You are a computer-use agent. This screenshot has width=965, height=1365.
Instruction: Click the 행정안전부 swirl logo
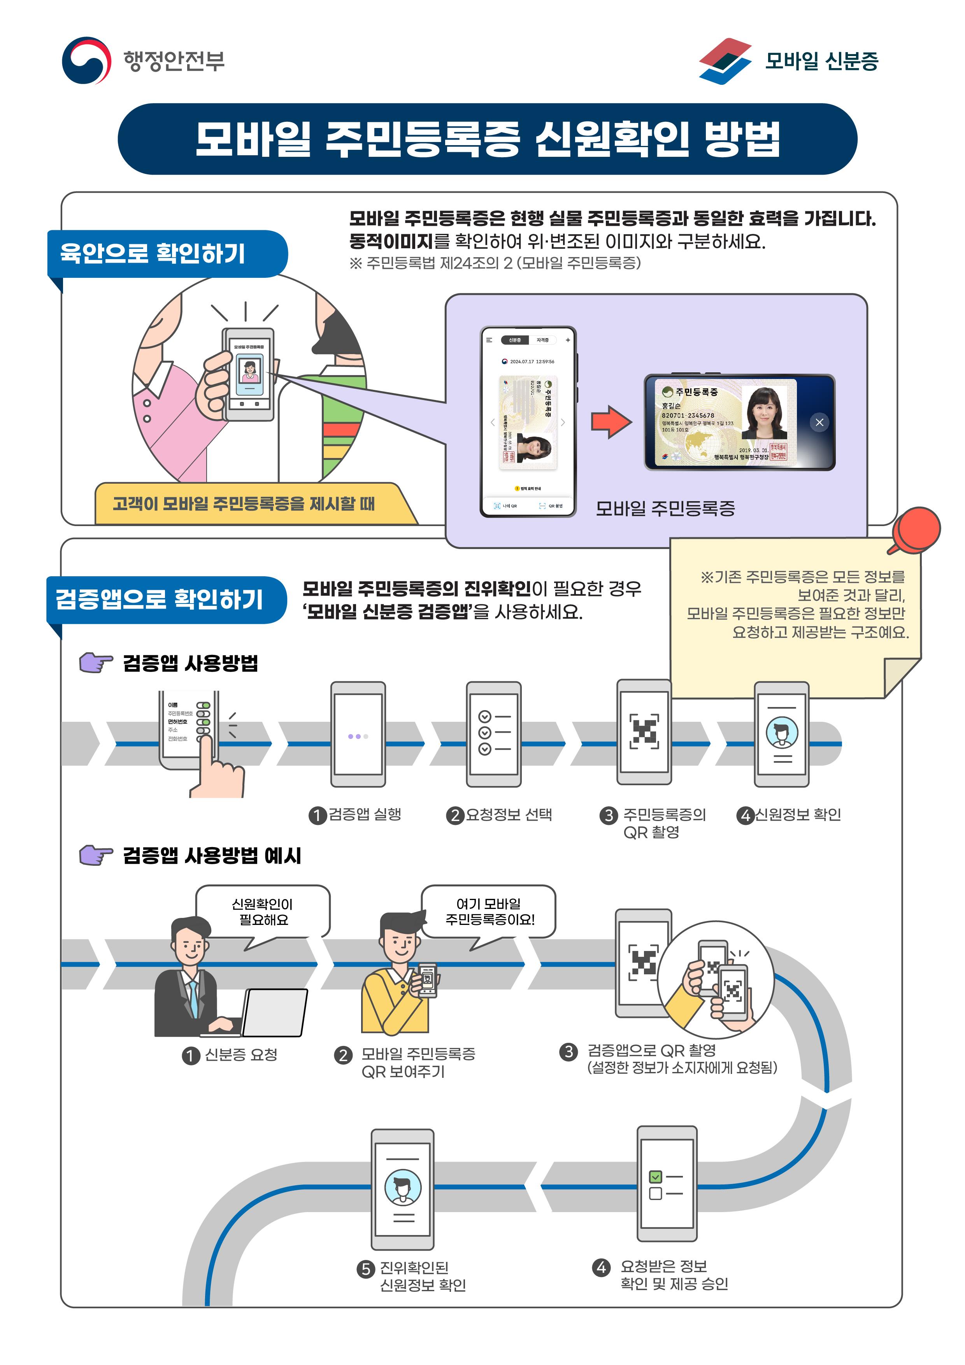(x=86, y=61)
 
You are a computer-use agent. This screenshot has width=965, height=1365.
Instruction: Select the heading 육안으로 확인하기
(x=153, y=254)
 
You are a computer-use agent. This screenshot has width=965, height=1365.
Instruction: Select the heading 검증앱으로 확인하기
(x=160, y=599)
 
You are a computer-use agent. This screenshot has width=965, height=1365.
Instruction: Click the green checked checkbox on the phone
(x=655, y=1177)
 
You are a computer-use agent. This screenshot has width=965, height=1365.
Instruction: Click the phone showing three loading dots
(x=358, y=735)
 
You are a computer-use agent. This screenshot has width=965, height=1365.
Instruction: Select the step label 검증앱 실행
(x=365, y=814)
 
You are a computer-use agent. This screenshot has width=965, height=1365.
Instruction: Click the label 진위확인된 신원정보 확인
(x=422, y=1276)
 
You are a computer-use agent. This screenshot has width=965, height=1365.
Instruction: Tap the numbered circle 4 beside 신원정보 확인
(x=745, y=815)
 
